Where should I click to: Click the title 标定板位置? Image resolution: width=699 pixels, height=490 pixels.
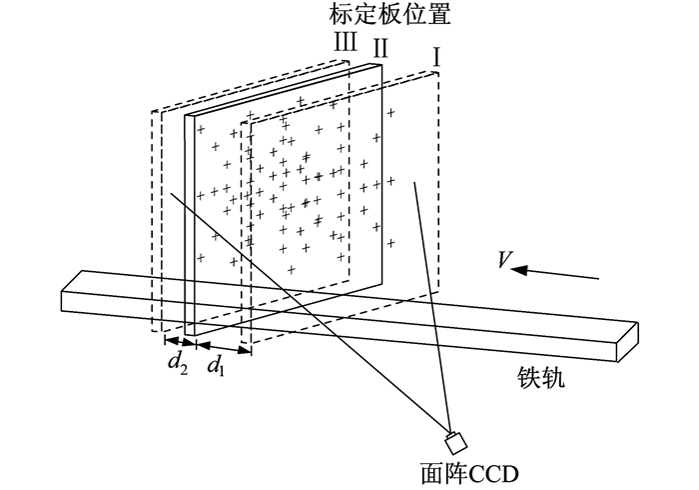389,14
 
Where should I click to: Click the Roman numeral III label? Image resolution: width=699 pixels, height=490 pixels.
346,42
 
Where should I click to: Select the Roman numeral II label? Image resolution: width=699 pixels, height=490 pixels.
380,48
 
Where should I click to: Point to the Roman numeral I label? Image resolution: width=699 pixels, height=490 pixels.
437,58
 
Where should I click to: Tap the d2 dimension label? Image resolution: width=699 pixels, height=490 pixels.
178,363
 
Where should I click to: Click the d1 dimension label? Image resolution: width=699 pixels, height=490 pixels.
217,365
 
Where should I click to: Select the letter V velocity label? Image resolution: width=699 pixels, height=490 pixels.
505,259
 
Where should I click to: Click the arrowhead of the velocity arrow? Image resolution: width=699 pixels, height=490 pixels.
519,270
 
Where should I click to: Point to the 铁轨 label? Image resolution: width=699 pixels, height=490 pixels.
541,378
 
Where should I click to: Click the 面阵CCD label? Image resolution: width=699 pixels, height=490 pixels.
470,473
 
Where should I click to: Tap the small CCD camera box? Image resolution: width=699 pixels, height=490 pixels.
455,442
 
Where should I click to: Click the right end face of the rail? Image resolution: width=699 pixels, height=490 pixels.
628,342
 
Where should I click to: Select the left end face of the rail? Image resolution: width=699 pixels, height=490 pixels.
71,290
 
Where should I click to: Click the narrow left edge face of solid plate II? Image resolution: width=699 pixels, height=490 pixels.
190,225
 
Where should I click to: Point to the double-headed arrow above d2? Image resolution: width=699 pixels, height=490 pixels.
180,341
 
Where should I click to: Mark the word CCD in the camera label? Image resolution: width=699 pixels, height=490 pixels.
494,474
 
